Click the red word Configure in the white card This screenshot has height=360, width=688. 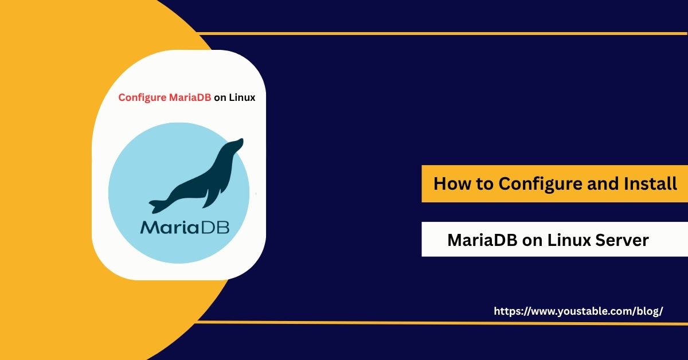point(142,98)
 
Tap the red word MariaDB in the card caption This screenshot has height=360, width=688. point(190,97)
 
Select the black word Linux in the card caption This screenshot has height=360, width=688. point(242,97)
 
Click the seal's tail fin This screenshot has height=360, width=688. point(157,206)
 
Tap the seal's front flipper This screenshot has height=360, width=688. point(213,197)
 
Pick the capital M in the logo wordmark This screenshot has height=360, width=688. point(149,228)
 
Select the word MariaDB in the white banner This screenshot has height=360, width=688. point(483,240)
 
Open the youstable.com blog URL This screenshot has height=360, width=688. point(578,311)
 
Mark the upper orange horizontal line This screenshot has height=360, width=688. point(442,33)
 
